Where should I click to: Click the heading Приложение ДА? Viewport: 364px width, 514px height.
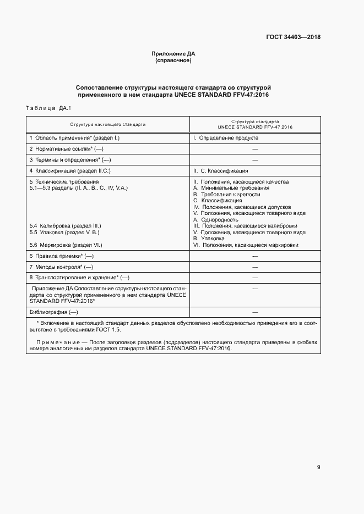tap(173, 53)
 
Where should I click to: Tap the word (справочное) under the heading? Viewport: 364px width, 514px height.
tap(173, 60)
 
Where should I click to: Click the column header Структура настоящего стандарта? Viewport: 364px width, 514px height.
tap(108, 125)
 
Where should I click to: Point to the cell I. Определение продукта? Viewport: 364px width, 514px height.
tap(225, 138)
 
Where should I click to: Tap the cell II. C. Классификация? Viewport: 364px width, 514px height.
tap(220, 171)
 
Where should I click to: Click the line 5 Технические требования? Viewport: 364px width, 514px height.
tap(64, 181)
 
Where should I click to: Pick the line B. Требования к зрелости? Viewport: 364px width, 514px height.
tap(227, 194)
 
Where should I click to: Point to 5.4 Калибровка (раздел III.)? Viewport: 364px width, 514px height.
tap(66, 226)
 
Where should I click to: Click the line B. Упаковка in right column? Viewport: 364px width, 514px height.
tap(209, 239)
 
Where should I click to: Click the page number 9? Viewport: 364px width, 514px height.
tap(319, 467)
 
